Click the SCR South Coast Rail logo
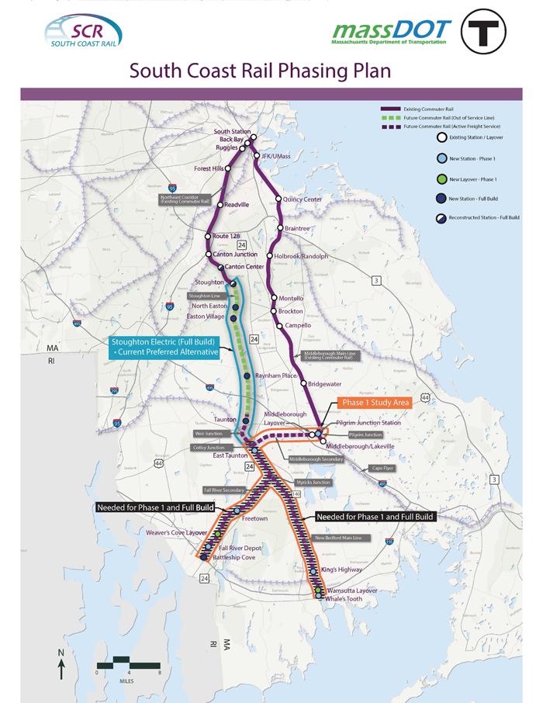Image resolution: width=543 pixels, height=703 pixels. tap(79, 36)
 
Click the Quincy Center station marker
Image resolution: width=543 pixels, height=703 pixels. tap(278, 200)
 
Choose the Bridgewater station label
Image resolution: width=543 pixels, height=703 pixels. tap(327, 383)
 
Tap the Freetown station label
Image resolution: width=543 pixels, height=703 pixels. tap(254, 518)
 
